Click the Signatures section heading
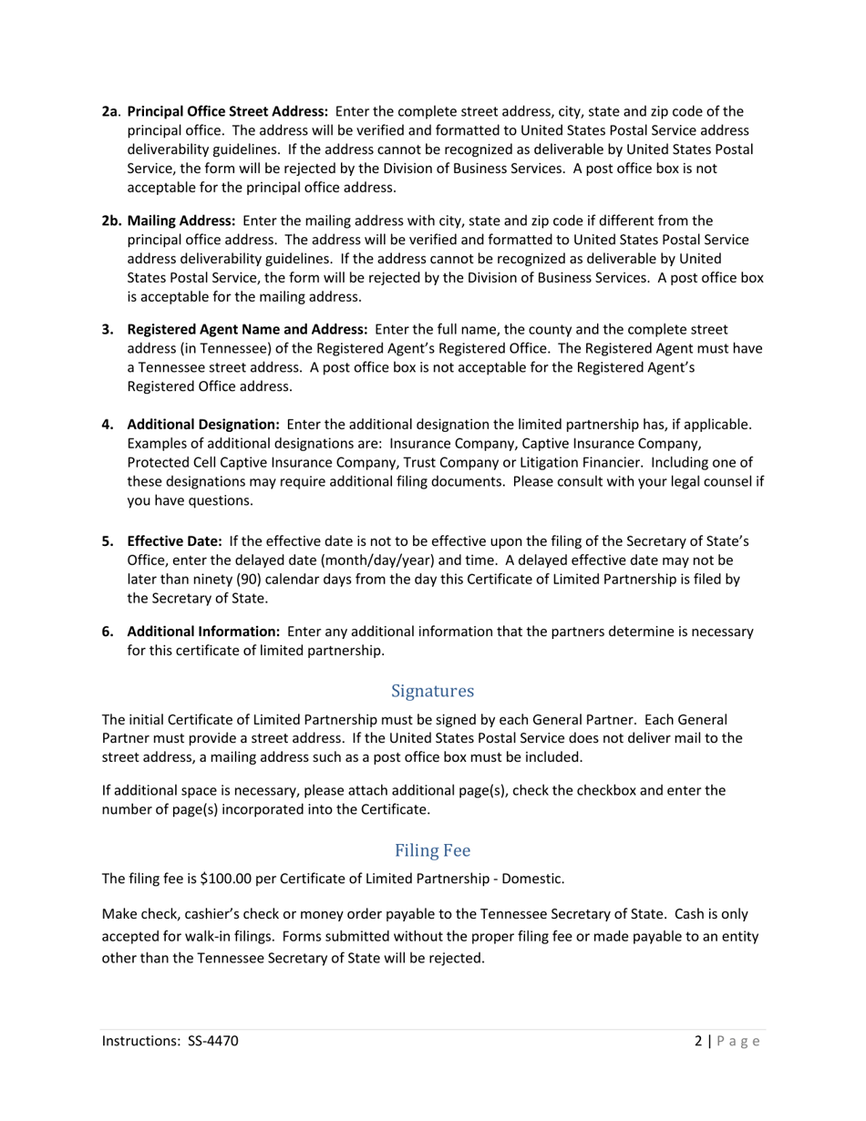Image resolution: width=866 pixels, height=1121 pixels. pyautogui.click(x=432, y=691)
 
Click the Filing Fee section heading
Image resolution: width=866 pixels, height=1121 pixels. pyautogui.click(x=432, y=850)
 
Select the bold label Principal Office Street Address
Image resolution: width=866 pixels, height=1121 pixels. pyautogui.click(x=227, y=111)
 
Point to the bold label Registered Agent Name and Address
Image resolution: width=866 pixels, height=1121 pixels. pyautogui.click(x=247, y=329)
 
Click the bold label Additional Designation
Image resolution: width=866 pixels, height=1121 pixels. pyautogui.click(x=202, y=425)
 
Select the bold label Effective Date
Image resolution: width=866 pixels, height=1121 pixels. pyautogui.click(x=174, y=541)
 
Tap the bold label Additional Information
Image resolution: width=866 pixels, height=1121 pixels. pyautogui.click(x=202, y=631)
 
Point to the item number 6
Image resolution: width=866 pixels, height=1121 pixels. pyautogui.click(x=107, y=631)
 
